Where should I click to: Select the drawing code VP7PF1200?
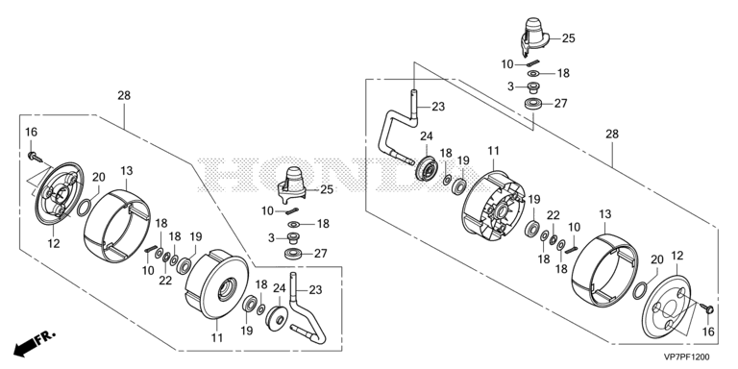tap(687, 357)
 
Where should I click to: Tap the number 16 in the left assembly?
tap(31, 133)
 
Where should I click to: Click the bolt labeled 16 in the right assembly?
tap(705, 308)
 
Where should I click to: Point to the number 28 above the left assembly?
tap(124, 95)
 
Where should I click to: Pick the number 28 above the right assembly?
tap(612, 135)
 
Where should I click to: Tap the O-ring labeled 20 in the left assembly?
tap(84, 207)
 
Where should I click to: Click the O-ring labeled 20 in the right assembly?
tap(640, 290)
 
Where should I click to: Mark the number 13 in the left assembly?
tap(127, 170)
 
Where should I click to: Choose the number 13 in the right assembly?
tap(604, 214)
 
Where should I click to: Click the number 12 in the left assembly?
tap(54, 244)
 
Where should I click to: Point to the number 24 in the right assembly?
tap(427, 136)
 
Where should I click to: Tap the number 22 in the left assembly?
tap(165, 280)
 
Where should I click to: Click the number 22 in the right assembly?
tap(553, 215)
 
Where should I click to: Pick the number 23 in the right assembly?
tap(438, 107)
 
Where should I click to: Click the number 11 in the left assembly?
tap(216, 337)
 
